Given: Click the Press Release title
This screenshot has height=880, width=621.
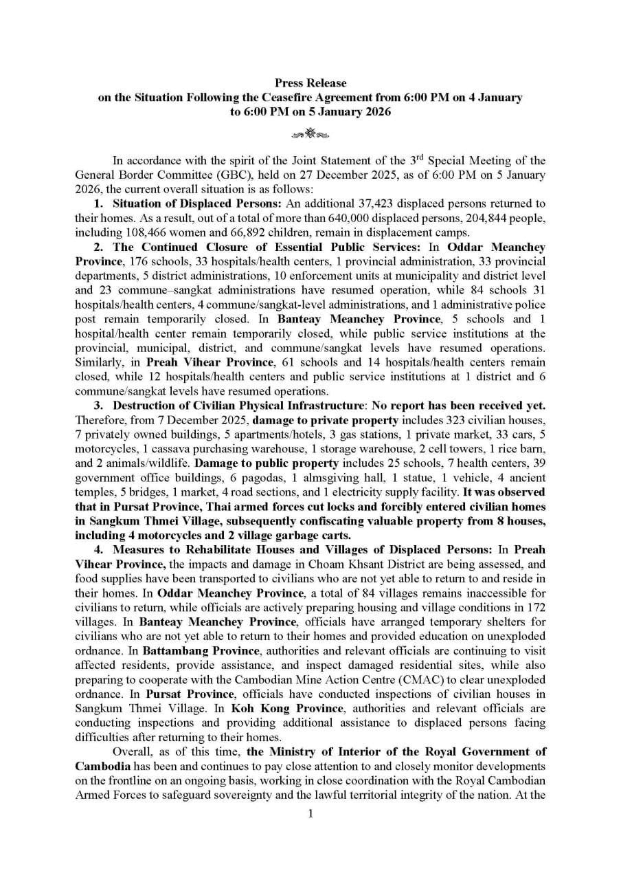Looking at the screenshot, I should (x=310, y=83).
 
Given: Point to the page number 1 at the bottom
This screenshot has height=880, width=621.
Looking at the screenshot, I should (x=310, y=814).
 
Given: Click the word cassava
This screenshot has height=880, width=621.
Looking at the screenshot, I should (x=147, y=449).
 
